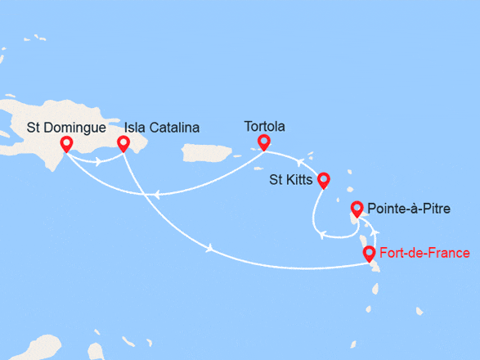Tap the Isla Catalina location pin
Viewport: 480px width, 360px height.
(x=123, y=144)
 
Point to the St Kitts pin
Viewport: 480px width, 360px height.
(x=323, y=180)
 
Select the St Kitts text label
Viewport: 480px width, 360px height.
(x=290, y=179)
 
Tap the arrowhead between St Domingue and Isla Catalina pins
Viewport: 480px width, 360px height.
(x=98, y=161)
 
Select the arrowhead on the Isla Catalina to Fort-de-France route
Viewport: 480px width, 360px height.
(x=213, y=249)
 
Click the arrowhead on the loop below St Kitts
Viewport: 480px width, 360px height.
(x=324, y=235)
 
